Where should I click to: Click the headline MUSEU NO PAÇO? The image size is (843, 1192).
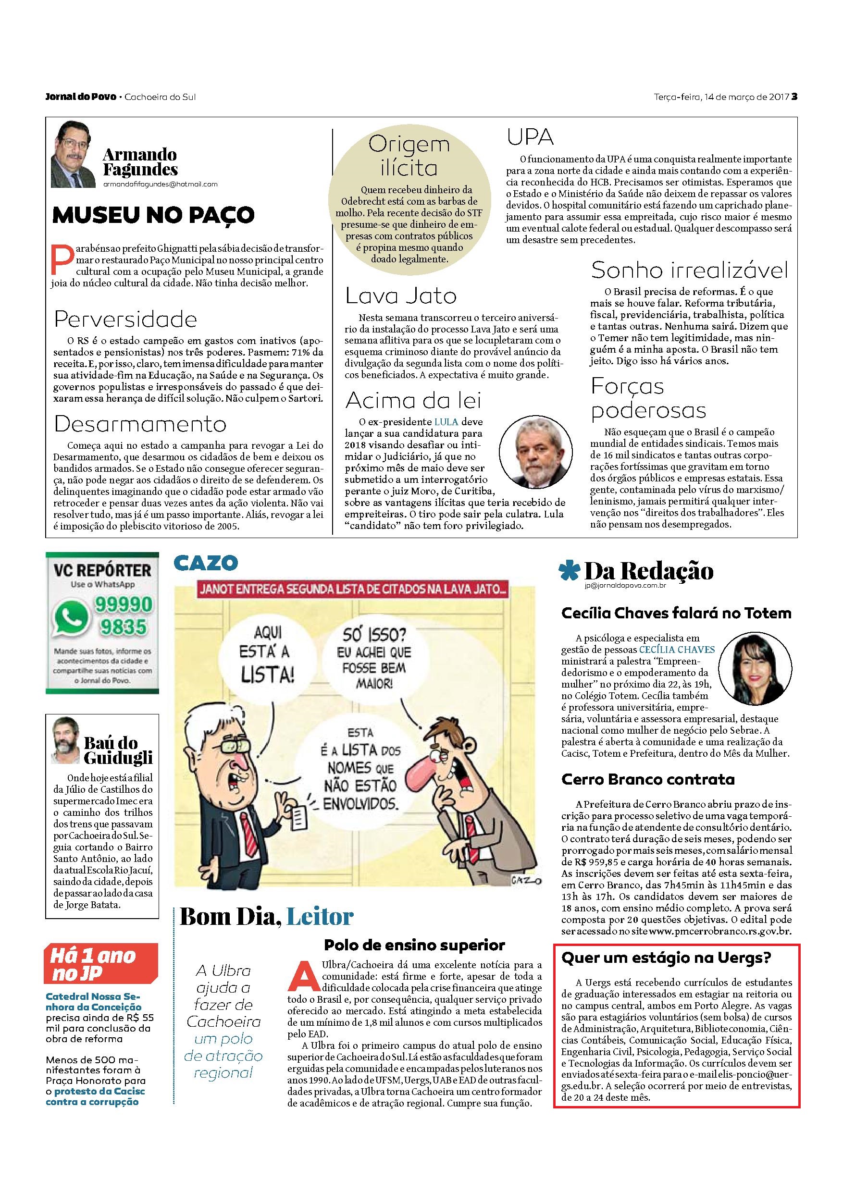coord(154,214)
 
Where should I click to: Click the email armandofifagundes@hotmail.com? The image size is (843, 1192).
coord(160,184)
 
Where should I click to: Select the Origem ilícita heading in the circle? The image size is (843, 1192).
coord(409,156)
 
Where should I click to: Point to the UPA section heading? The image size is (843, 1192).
coord(530,137)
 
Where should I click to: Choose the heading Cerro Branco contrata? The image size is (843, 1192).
coord(648,779)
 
